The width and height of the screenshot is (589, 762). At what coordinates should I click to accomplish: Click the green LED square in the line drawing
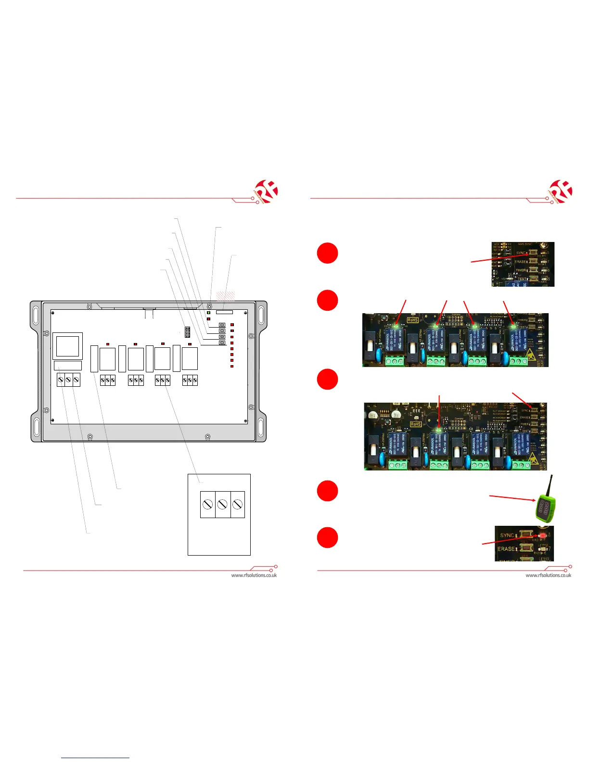(x=209, y=313)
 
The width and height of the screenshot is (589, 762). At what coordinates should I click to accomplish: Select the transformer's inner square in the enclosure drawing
(x=68, y=346)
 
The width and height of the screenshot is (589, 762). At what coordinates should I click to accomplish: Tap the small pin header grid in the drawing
(x=187, y=332)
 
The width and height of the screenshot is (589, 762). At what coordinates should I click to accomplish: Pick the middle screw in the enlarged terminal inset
(x=222, y=504)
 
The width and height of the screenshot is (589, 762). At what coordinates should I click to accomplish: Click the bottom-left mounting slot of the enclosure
(x=36, y=426)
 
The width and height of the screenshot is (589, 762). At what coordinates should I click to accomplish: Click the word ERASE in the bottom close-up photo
(x=506, y=549)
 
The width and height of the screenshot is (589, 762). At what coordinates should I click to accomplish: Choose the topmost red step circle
(x=327, y=253)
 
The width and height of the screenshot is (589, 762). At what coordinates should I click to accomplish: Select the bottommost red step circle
(x=327, y=537)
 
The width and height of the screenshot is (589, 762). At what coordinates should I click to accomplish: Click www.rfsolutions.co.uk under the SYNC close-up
(x=548, y=575)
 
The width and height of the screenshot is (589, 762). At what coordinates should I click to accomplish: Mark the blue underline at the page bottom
(x=95, y=758)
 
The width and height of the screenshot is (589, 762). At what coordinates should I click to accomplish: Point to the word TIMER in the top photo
(x=521, y=270)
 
